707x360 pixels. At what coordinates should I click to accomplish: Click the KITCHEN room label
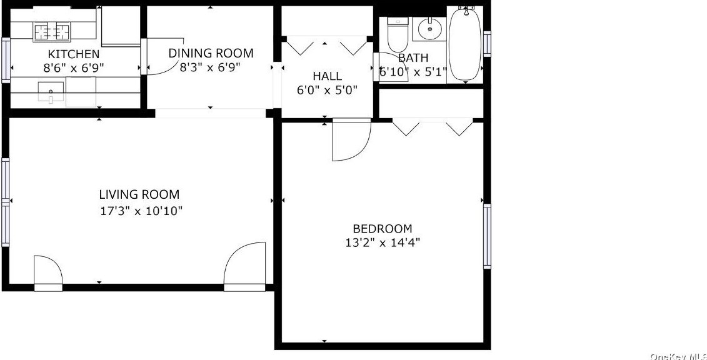point(74,54)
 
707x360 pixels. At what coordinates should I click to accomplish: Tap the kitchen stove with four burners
point(51,30)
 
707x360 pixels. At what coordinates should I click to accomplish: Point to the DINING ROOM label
point(211,53)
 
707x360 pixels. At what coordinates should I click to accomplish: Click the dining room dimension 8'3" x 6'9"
point(210,67)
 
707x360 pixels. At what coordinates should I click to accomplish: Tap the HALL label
point(327,76)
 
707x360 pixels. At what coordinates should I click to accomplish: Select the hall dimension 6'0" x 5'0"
point(327,90)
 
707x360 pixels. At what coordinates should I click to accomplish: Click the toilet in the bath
point(398,35)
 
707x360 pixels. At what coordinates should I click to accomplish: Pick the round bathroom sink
point(429,29)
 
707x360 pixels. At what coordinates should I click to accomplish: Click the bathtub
point(465,44)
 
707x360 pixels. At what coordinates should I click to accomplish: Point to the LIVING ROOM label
point(139,194)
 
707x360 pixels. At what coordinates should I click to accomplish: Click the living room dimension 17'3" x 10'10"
point(141,211)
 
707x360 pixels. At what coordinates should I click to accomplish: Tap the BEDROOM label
point(382,229)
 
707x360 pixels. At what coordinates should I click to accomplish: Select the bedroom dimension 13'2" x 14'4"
point(383,242)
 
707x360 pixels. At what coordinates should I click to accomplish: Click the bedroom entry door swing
point(351,140)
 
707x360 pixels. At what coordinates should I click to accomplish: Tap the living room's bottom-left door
point(48,272)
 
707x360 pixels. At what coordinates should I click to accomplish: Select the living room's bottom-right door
point(245,267)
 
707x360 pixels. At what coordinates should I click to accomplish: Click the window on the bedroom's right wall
point(487,236)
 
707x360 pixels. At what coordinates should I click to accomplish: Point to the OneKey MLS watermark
point(678,356)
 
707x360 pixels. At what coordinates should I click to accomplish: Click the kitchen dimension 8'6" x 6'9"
point(74,67)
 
